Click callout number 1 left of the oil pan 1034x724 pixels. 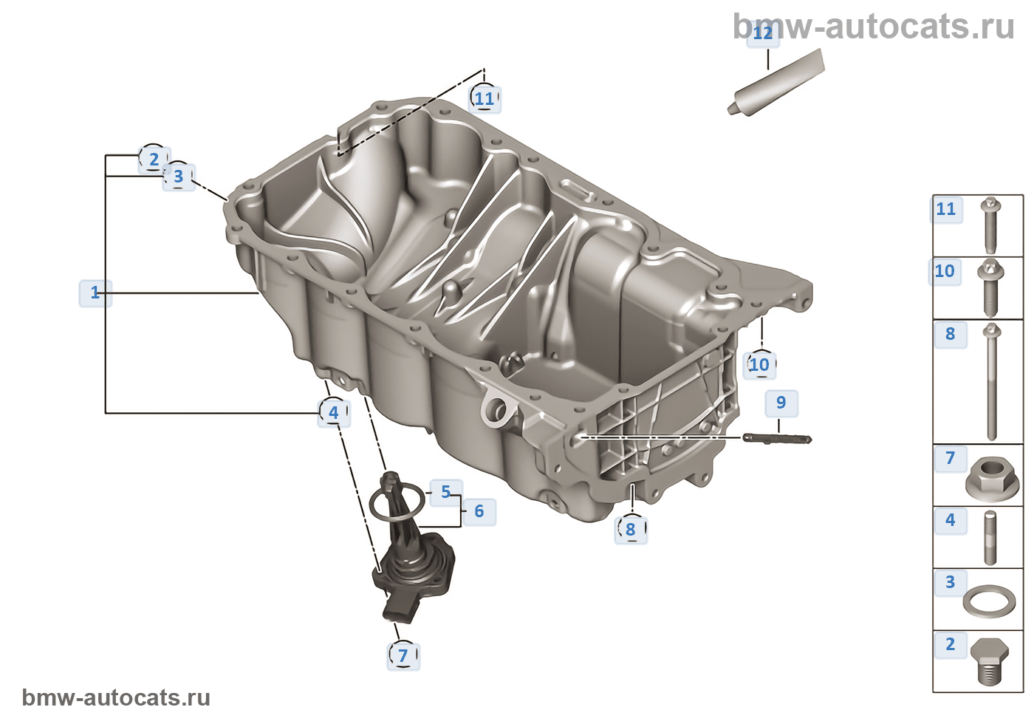pos(95,293)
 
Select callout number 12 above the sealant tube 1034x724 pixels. pos(762,33)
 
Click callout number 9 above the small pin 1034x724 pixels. pos(781,403)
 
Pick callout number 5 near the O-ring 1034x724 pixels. pos(445,492)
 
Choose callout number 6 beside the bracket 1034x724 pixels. pos(479,511)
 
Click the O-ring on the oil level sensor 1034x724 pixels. pos(397,504)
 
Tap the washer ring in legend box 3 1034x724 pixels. pos(989,601)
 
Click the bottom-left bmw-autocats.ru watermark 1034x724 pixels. pos(116,697)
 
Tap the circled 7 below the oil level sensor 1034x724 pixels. pos(403,655)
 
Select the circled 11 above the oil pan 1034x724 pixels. pos(485,98)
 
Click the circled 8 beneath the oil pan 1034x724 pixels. pos(630,529)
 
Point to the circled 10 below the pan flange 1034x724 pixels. pos(759,364)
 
